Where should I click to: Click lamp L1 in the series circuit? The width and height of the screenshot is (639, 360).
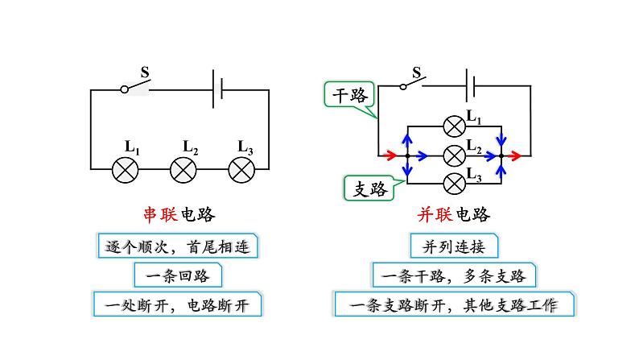tap(125, 170)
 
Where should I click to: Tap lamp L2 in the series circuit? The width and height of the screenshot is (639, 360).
tap(183, 170)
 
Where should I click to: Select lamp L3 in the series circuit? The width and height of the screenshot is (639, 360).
tap(241, 170)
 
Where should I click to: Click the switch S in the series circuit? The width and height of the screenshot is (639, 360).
tap(135, 87)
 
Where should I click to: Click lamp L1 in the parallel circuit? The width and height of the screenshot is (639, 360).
tap(455, 126)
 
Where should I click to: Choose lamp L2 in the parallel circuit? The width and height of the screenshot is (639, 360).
tap(455, 154)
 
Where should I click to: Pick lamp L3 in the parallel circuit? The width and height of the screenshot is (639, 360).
tap(455, 182)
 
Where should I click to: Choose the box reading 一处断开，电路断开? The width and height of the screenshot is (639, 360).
tap(178, 306)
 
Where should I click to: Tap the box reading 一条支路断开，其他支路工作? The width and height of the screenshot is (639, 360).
tap(454, 306)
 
